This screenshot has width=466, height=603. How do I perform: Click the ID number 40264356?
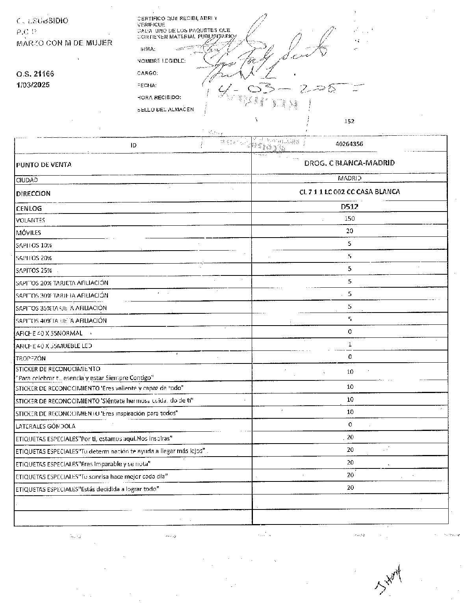[349, 144]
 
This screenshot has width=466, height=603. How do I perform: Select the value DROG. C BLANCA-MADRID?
[349, 163]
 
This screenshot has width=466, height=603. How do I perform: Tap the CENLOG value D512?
[349, 206]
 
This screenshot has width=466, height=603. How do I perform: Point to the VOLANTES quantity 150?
[349, 218]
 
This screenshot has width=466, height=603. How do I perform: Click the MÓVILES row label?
[28, 233]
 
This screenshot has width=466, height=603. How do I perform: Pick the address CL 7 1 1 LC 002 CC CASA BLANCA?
[349, 192]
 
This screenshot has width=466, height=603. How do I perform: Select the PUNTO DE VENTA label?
[44, 165]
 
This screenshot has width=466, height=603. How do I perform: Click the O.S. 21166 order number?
[35, 74]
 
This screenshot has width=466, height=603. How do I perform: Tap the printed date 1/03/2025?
[33, 85]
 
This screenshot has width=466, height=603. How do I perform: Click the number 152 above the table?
[349, 121]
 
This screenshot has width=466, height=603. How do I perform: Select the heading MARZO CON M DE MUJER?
[64, 43]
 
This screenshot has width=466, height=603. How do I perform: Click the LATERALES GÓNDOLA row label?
[45, 426]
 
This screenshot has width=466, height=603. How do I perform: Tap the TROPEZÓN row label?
[31, 358]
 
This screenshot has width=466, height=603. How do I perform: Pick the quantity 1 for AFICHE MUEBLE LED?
[350, 344]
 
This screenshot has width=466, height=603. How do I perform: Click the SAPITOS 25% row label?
[34, 271]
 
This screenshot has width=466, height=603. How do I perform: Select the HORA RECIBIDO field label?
[159, 97]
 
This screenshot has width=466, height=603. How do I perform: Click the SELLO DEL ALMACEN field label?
[165, 109]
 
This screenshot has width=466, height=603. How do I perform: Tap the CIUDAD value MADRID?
[349, 178]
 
